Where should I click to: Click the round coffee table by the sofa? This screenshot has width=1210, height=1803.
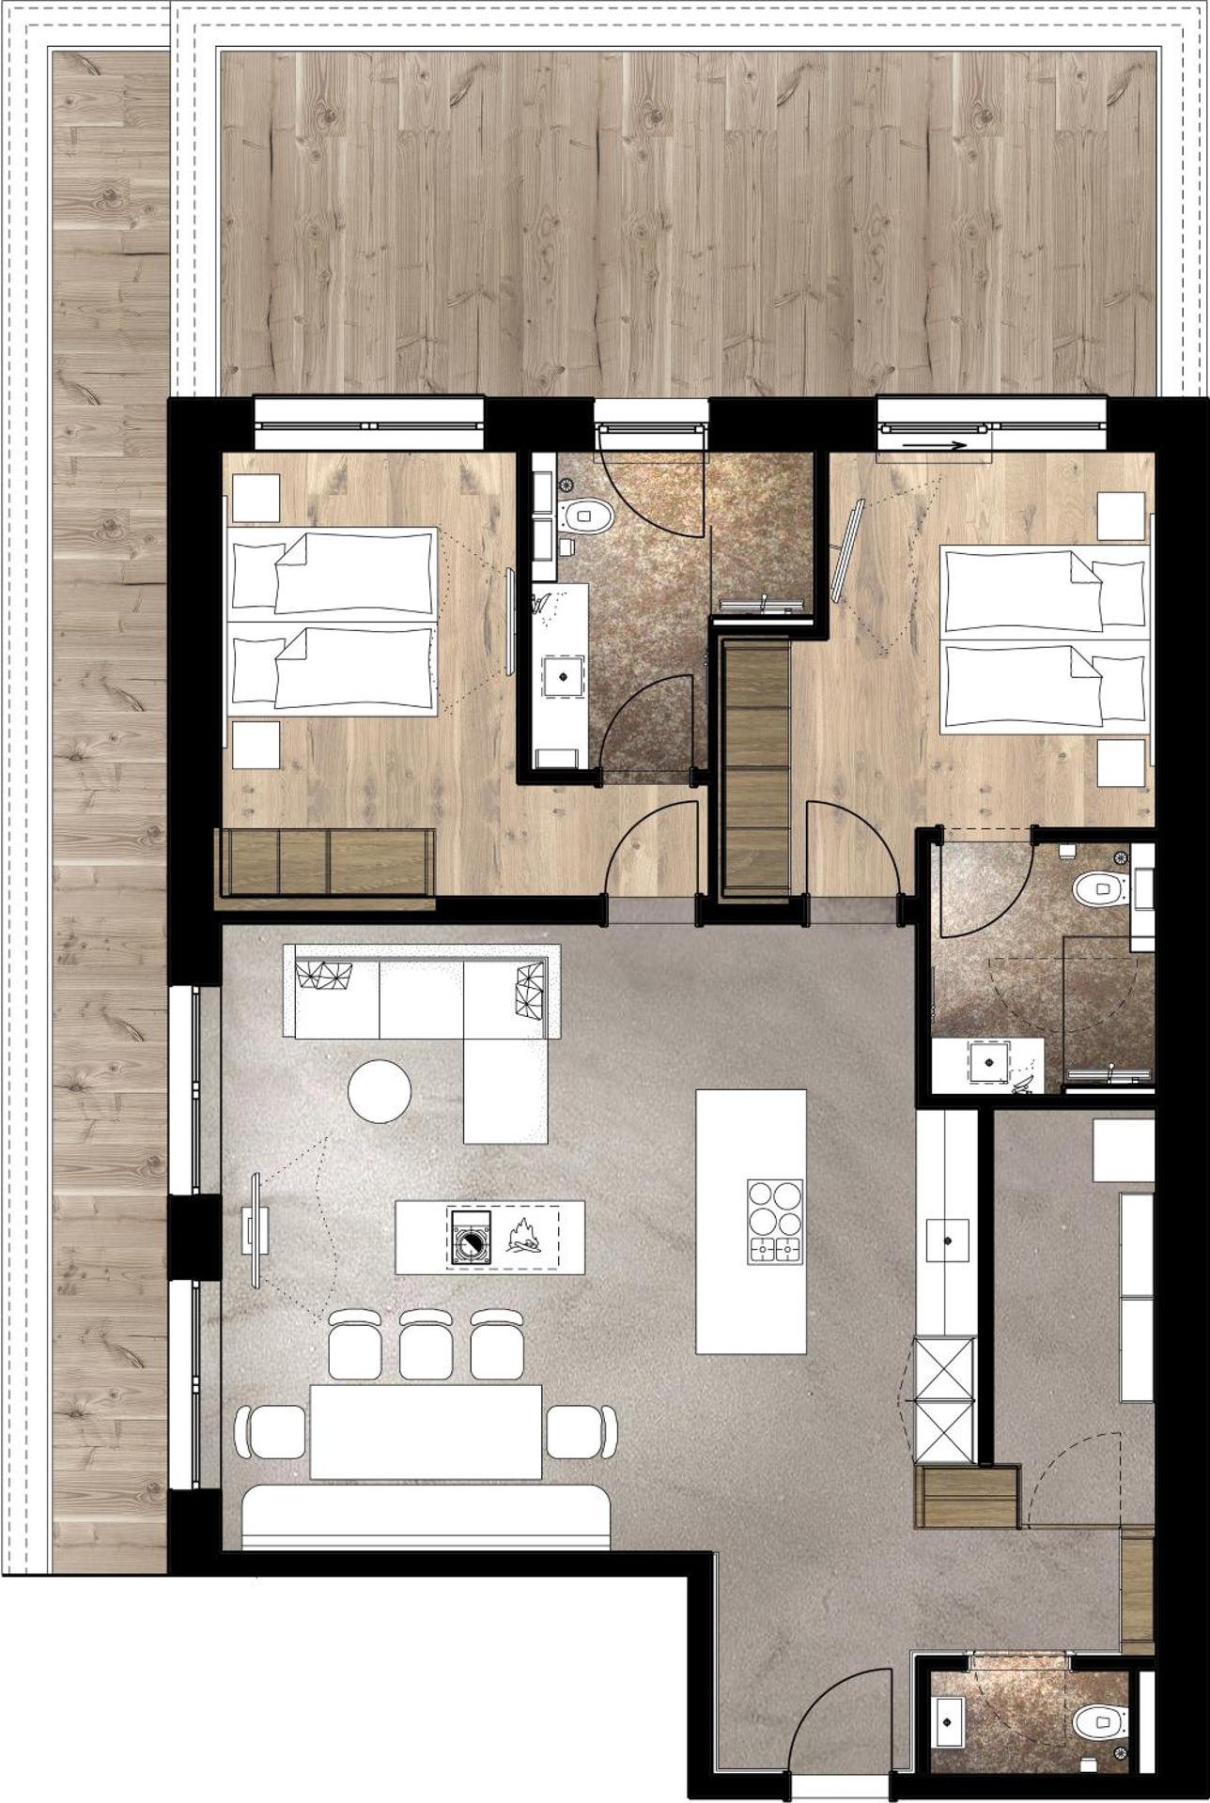click(380, 1090)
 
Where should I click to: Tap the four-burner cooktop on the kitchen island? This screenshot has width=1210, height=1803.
click(775, 1221)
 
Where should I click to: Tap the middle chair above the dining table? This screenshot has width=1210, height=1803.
click(426, 1345)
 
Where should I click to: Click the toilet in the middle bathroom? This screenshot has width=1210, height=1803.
click(588, 515)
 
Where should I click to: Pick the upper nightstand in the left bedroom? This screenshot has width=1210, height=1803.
click(256, 498)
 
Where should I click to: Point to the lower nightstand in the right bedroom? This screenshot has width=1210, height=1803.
click(1121, 763)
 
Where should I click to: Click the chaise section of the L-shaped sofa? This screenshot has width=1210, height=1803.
click(505, 1088)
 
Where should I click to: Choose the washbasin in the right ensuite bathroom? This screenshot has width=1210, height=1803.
click(988, 1061)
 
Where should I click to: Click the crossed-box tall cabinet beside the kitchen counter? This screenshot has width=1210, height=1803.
click(946, 1400)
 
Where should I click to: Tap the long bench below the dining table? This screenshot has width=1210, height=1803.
click(426, 1514)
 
